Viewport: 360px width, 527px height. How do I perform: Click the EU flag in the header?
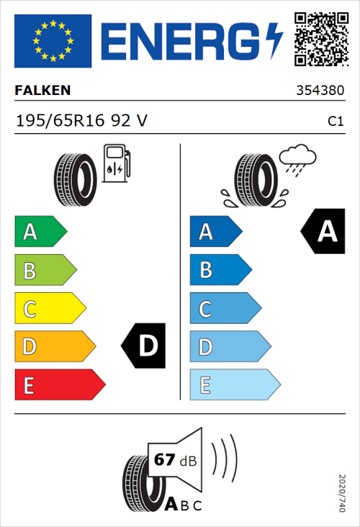[53, 41]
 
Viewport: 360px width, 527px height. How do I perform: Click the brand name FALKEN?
[43, 91]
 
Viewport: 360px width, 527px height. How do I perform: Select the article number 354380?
[320, 91]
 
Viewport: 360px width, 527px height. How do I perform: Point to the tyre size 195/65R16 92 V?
[81, 121]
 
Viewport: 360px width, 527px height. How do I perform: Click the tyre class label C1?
[336, 122]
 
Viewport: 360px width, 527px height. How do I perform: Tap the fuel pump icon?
[116, 164]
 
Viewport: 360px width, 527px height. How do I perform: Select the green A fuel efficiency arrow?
[40, 232]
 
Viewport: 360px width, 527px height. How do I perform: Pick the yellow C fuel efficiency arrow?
[50, 309]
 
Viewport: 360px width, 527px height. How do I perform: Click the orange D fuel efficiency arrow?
[54, 347]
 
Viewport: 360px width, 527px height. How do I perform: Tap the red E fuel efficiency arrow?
[59, 385]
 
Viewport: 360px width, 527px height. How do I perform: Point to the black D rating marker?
[145, 346]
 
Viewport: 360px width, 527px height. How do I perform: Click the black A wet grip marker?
[323, 232]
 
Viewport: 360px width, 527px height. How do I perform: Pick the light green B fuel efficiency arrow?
[45, 271]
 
